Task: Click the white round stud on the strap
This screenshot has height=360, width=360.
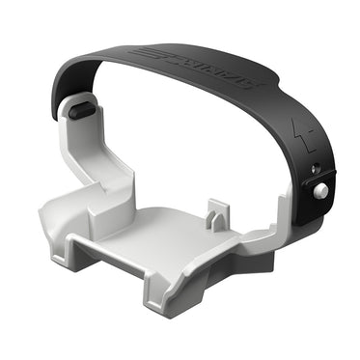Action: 319,190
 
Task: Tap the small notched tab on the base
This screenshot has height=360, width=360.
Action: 216,213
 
